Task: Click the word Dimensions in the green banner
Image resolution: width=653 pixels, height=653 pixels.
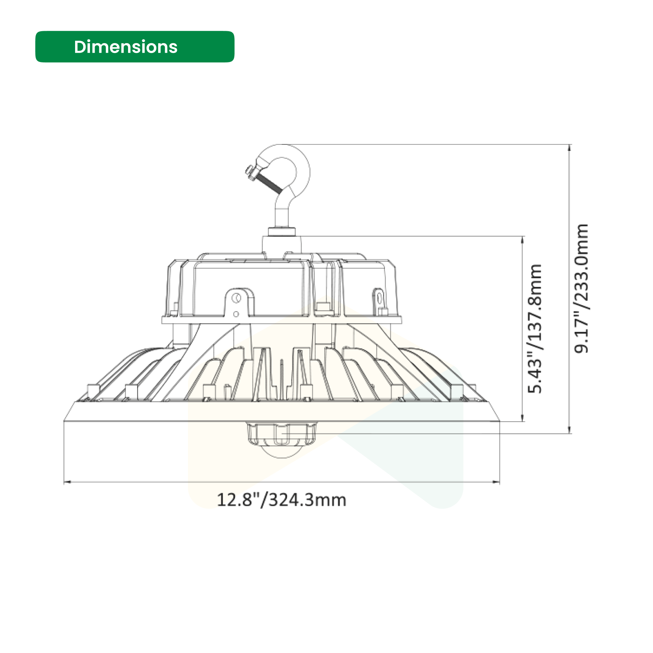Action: (x=126, y=47)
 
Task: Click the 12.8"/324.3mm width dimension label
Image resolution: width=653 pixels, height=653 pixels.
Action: (x=281, y=500)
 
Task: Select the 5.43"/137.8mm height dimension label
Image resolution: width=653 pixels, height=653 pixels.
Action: (x=535, y=329)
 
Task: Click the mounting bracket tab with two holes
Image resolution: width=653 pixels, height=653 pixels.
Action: (x=238, y=303)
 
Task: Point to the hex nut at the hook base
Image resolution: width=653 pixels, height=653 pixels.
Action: (x=282, y=231)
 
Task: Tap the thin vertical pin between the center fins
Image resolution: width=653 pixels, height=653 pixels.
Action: (x=282, y=377)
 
